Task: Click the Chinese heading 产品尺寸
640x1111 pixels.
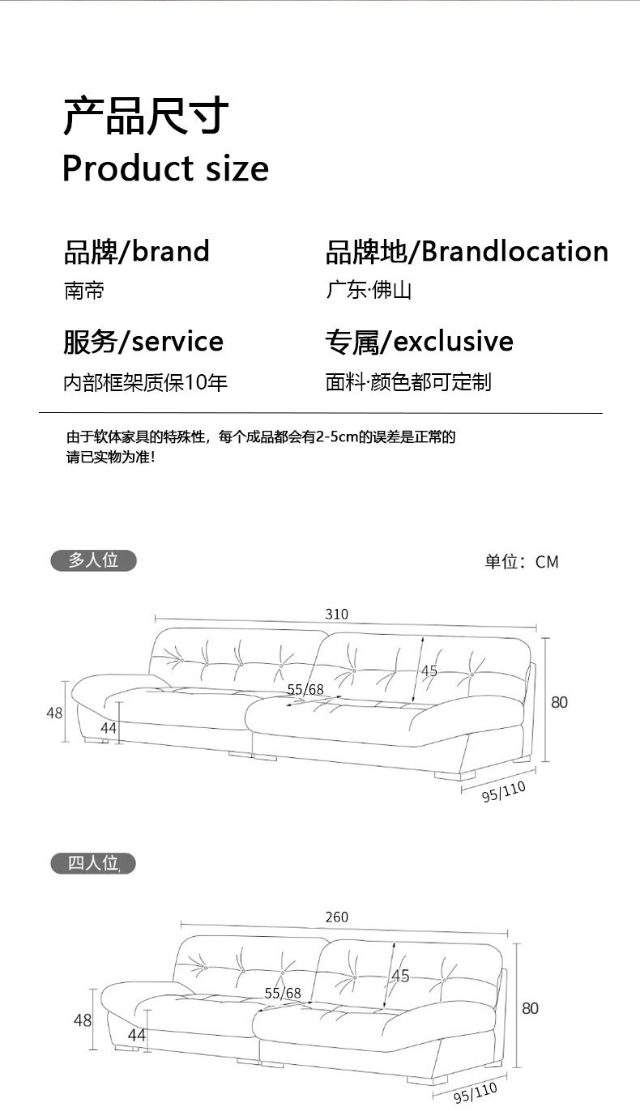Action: point(146,117)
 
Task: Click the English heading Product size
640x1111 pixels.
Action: point(165,168)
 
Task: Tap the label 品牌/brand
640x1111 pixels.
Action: point(136,252)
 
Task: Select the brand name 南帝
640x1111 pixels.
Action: point(84,291)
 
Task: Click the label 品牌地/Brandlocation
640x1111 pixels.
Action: point(467,252)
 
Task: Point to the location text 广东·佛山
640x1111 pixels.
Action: point(369,291)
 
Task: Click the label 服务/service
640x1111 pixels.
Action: point(143,342)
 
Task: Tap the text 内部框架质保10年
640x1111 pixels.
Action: point(146,382)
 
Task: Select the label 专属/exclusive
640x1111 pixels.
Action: point(419,342)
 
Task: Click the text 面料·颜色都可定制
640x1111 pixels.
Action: point(408,382)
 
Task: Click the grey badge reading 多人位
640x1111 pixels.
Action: point(93,560)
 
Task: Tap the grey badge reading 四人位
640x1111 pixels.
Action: point(93,864)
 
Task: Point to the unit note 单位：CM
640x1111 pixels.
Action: point(522,562)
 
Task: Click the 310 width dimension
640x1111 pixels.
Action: point(337,615)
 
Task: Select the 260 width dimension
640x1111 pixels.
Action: point(336,917)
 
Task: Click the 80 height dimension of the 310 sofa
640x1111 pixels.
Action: point(560,702)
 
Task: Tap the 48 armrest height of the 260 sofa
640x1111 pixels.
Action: point(83,1020)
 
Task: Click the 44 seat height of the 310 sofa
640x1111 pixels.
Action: point(109,728)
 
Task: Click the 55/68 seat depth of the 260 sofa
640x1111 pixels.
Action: point(283,993)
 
